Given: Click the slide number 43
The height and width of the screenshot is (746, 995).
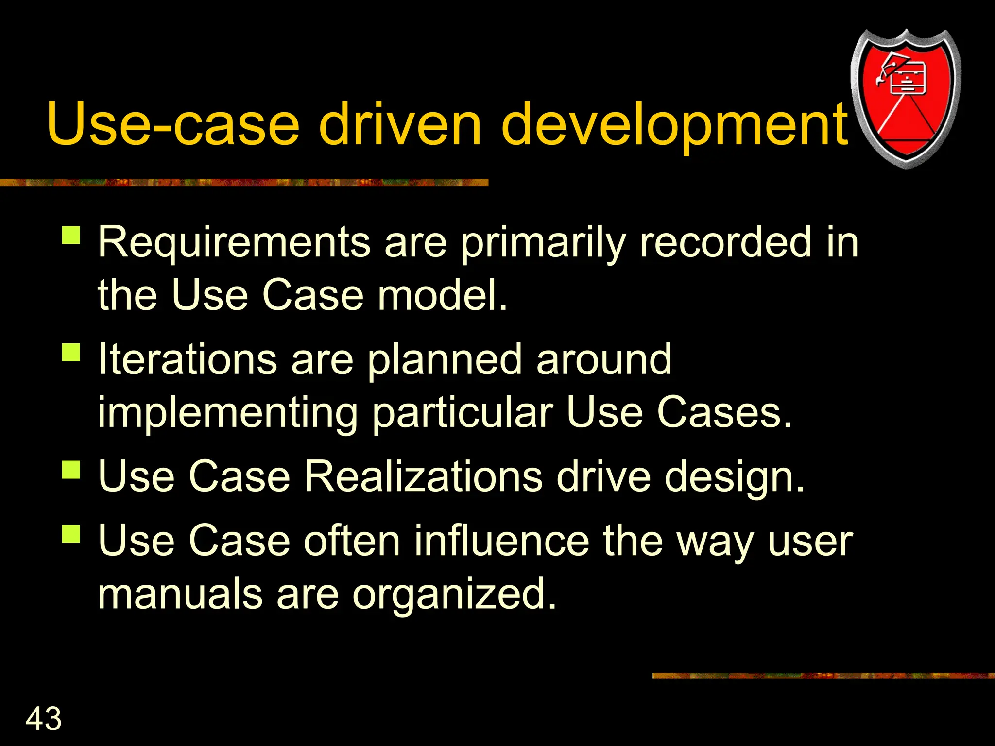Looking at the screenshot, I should [44, 718].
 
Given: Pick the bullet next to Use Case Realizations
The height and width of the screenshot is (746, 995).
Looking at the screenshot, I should [71, 470].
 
